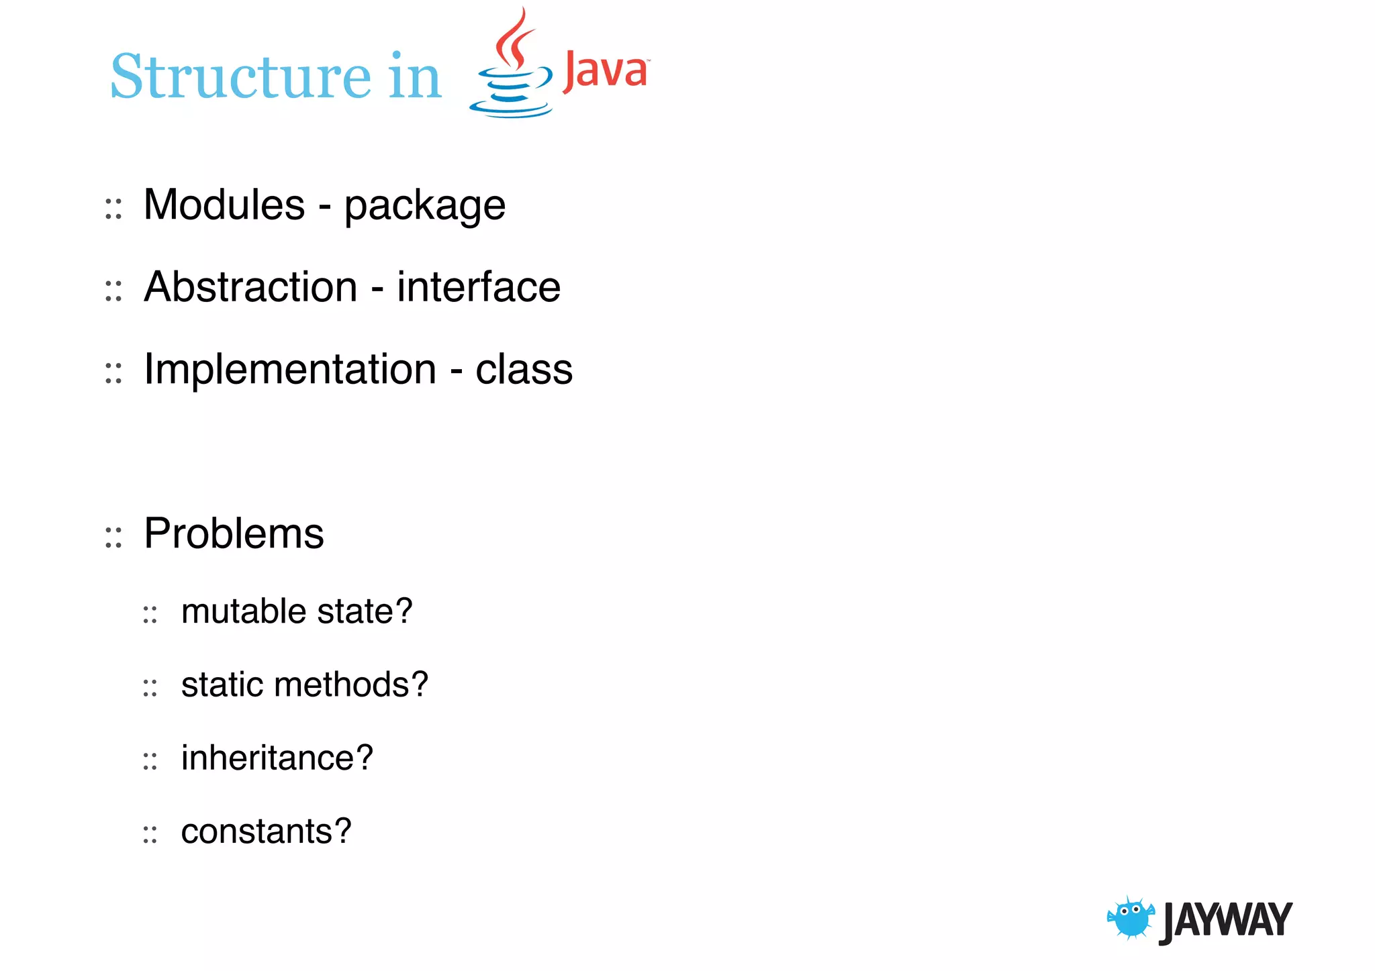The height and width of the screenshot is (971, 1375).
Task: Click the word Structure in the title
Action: coord(240,76)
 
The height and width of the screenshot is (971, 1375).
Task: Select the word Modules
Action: coord(224,205)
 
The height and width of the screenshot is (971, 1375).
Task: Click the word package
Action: coord(424,207)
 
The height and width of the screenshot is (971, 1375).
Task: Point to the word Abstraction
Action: coord(250,287)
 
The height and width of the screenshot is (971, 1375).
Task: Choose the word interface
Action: coord(478,287)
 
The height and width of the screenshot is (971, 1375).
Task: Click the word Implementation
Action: coord(290,370)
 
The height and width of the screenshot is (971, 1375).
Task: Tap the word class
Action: coord(524,370)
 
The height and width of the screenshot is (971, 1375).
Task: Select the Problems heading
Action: coord(234,534)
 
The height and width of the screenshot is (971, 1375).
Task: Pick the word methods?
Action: coord(350,685)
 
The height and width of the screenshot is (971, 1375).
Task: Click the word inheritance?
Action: coord(277,759)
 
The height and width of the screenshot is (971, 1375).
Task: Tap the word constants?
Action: coord(266,832)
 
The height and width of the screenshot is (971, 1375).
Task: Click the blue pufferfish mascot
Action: coord(1131,919)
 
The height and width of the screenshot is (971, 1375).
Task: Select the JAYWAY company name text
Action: coord(1226,921)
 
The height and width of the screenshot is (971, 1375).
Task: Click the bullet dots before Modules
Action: coord(113,209)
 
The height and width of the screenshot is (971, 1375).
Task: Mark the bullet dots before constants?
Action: coord(150,835)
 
